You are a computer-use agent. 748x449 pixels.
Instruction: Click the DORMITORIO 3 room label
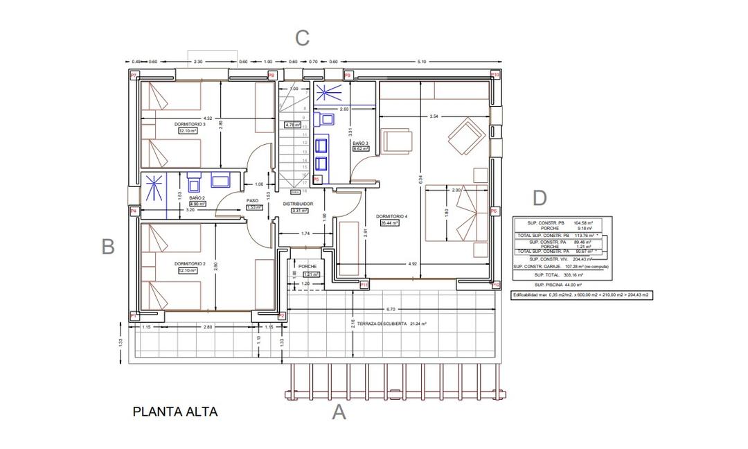190,124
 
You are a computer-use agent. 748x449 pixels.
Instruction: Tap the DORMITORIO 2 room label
190,264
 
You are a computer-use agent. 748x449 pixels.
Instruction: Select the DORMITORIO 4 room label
392,217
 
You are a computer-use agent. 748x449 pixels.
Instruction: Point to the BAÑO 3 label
360,143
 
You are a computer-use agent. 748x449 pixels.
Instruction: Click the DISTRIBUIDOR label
299,204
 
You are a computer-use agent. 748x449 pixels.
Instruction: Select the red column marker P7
134,75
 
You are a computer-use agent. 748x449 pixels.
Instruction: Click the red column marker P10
495,75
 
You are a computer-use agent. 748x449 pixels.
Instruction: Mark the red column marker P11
364,284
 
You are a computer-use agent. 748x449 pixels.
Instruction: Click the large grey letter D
540,198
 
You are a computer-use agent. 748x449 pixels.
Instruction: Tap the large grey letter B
107,247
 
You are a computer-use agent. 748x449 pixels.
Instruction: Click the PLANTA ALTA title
175,412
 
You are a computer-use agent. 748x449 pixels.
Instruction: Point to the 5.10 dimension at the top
422,62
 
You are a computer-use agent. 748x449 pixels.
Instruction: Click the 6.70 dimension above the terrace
391,309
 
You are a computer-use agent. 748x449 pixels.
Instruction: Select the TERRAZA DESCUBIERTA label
382,324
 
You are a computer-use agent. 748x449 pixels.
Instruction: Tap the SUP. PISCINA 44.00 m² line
558,285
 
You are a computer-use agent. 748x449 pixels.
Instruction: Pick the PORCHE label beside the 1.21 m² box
308,267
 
